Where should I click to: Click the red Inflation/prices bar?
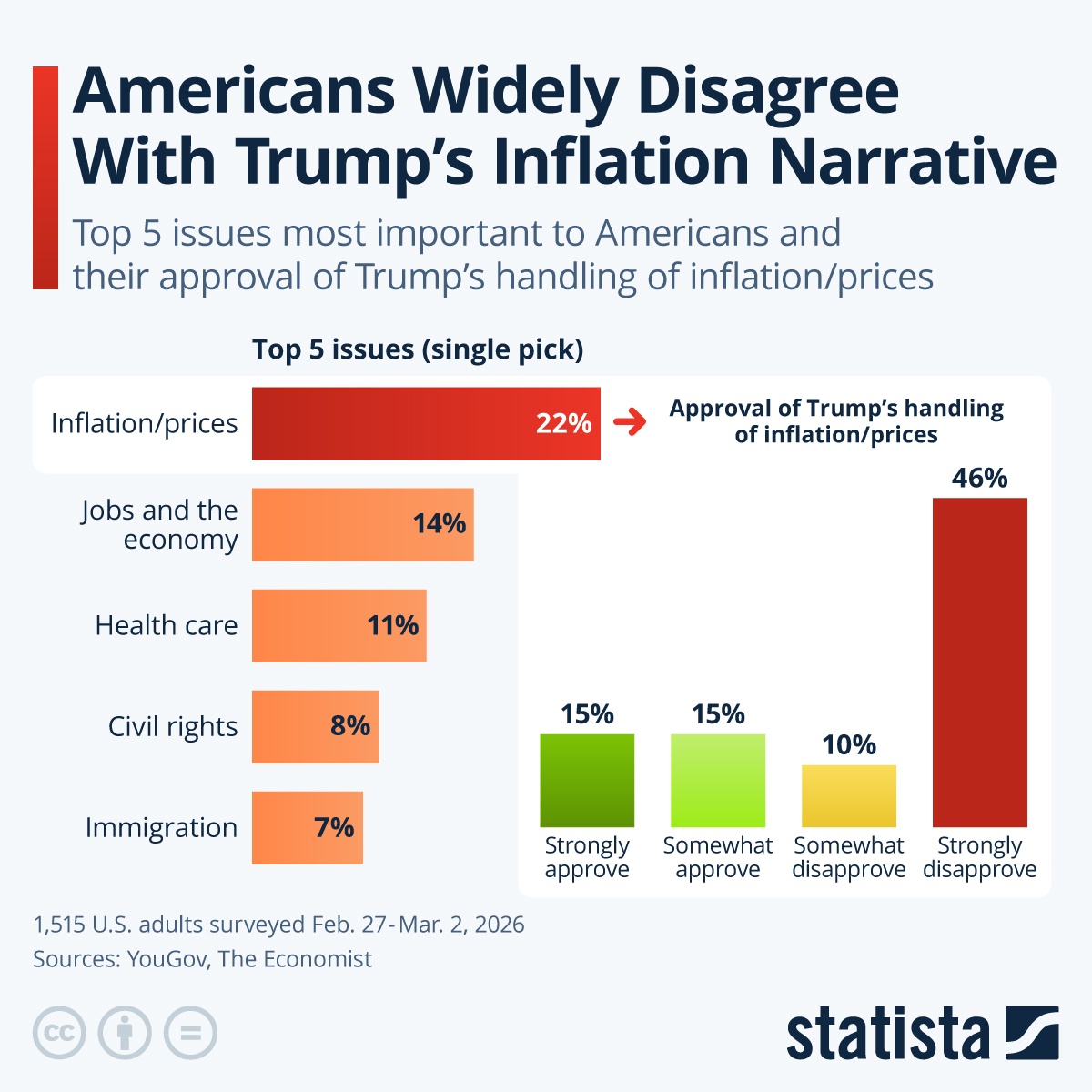pyautogui.click(x=426, y=423)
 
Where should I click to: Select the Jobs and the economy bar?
pyautogui.click(x=362, y=524)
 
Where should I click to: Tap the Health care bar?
pyautogui.click(x=339, y=625)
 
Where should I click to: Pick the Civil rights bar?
pyautogui.click(x=315, y=726)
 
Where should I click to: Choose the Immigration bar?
pyautogui.click(x=307, y=827)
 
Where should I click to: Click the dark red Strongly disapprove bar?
pyautogui.click(x=979, y=662)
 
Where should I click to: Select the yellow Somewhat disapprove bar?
pyautogui.click(x=848, y=795)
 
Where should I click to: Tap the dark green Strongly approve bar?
pyautogui.click(x=587, y=780)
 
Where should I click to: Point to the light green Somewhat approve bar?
pyautogui.click(x=718, y=780)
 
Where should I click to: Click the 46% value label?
pyautogui.click(x=979, y=478)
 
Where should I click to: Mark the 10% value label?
pyautogui.click(x=848, y=745)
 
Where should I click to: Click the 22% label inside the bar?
pyautogui.click(x=563, y=423)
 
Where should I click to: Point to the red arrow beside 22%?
pyautogui.click(x=629, y=422)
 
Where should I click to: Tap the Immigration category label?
pyautogui.click(x=161, y=827)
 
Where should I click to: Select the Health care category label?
pyautogui.click(x=166, y=625)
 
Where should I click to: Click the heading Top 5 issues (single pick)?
pyautogui.click(x=418, y=349)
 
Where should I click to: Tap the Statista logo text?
pyautogui.click(x=887, y=1034)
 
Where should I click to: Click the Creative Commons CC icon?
pyautogui.click(x=59, y=1034)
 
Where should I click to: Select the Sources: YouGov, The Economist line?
pyautogui.click(x=202, y=959)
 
